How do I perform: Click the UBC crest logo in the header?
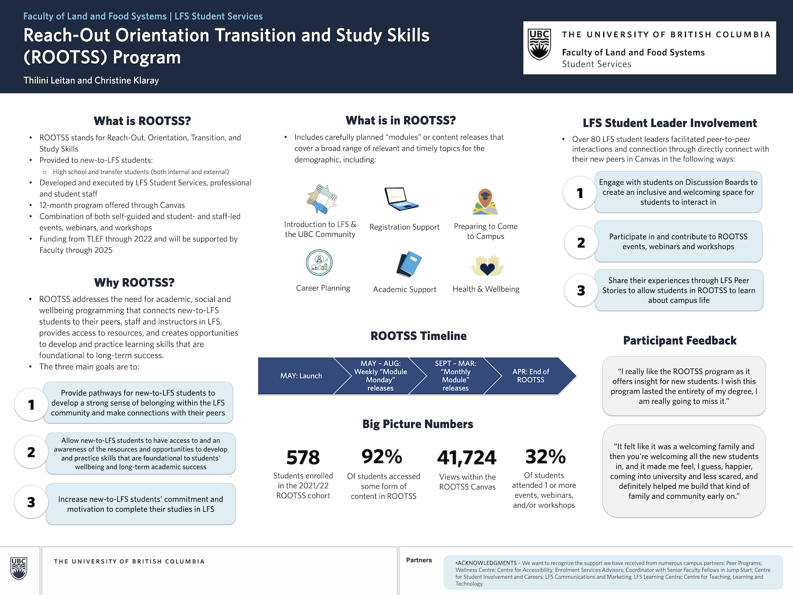539,45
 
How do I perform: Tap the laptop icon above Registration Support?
401,199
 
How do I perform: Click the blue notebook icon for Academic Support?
409,264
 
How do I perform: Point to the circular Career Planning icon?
319,263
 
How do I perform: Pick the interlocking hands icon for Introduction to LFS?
322,199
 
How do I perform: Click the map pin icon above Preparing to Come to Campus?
485,201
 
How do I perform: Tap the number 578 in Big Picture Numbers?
303,458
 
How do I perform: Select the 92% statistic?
382,457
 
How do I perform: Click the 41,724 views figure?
467,458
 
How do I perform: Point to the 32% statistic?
545,457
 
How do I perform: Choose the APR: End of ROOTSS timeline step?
530,376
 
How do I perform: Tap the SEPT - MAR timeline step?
455,376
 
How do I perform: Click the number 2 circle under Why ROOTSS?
31,452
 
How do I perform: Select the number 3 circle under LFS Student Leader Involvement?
581,290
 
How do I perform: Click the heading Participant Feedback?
680,341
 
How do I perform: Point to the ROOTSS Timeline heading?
418,336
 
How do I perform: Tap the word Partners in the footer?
419,560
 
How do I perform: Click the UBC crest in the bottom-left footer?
19,569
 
